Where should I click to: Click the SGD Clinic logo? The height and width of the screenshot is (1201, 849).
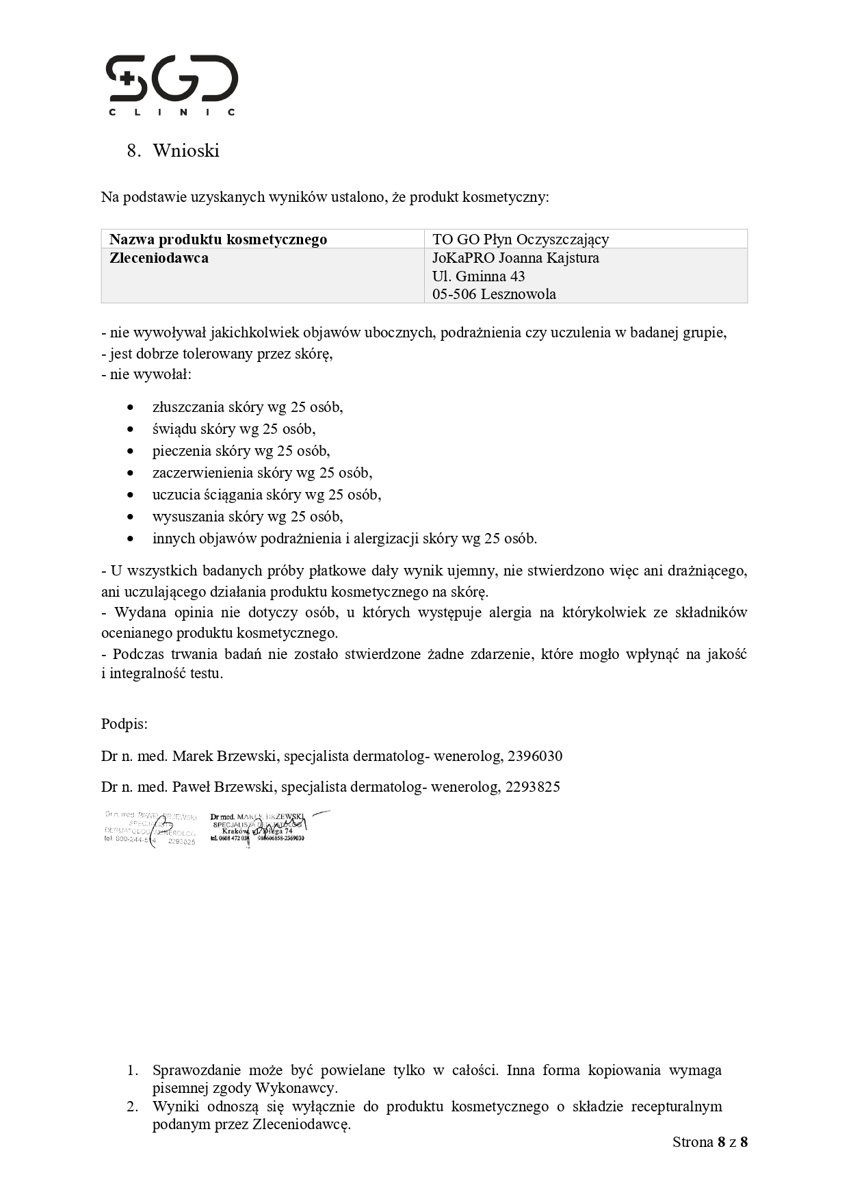point(172,85)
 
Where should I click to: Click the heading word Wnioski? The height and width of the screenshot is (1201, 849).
point(185,151)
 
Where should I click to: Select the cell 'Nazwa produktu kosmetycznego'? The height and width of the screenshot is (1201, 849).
point(218,240)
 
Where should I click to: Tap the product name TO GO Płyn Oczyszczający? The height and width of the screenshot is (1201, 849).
point(520,240)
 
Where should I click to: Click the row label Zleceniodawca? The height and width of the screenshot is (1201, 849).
point(159,258)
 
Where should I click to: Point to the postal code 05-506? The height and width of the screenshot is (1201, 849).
point(454,294)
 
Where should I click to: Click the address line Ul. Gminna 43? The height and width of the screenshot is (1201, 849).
point(478,276)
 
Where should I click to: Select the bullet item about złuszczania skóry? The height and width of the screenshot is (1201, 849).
point(247,407)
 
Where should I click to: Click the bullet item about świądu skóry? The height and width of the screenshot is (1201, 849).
point(233,429)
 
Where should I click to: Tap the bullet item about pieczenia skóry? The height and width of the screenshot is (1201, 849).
point(241,451)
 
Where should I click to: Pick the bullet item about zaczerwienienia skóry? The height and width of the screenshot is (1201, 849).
point(262,473)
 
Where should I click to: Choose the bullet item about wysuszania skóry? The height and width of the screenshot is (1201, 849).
point(247,517)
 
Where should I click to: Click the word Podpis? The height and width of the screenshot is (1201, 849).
point(124,724)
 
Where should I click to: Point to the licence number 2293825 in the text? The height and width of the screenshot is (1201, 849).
point(532,787)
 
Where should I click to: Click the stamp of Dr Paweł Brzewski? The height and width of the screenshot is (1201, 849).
point(150,829)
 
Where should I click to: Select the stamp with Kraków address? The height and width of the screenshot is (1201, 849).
point(258,827)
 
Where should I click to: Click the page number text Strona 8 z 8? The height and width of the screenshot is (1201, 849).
point(709,1141)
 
